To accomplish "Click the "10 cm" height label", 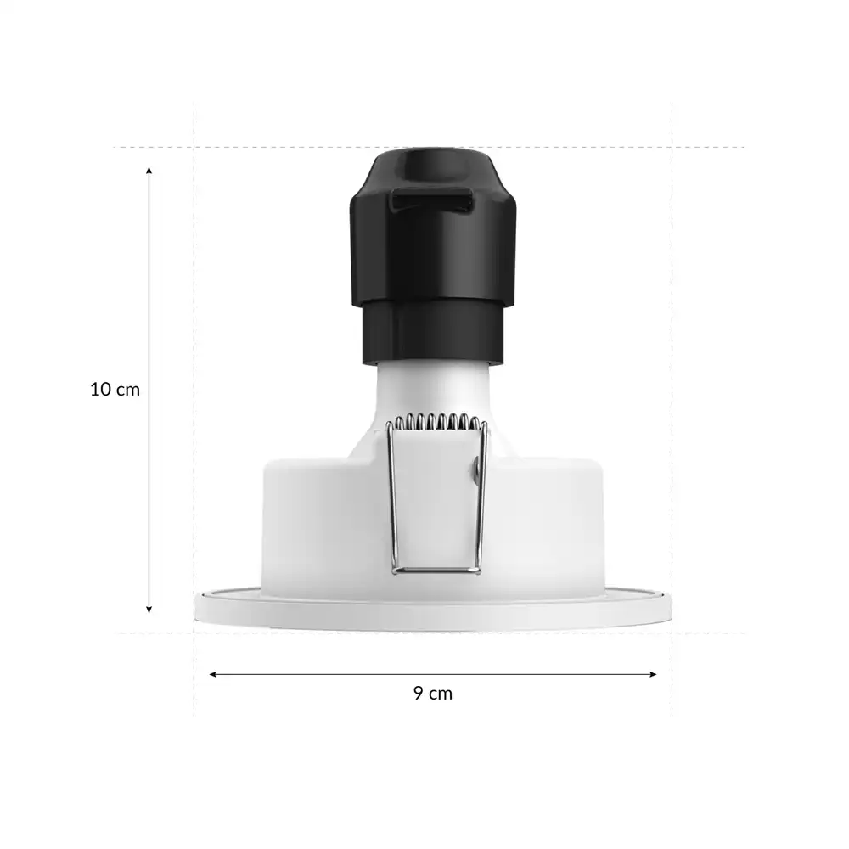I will coord(115,390).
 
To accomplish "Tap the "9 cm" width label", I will coord(433,693).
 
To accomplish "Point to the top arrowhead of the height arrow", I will coord(149,171).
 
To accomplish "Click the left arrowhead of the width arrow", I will coord(213,674).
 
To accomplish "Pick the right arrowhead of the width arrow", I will coord(653,674).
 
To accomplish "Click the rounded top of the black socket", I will coord(433,161).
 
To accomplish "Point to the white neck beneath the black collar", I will coord(433,391).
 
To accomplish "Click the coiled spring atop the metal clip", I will coord(436,421).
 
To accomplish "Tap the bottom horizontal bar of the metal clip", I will coord(436,570).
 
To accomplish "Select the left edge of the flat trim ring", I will coord(198,607).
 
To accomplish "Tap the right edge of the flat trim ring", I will coord(669,607).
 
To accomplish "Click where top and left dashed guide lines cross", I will coord(194,147).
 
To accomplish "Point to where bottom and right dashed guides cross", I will coord(672,633).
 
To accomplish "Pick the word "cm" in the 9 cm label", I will coord(441,693).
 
